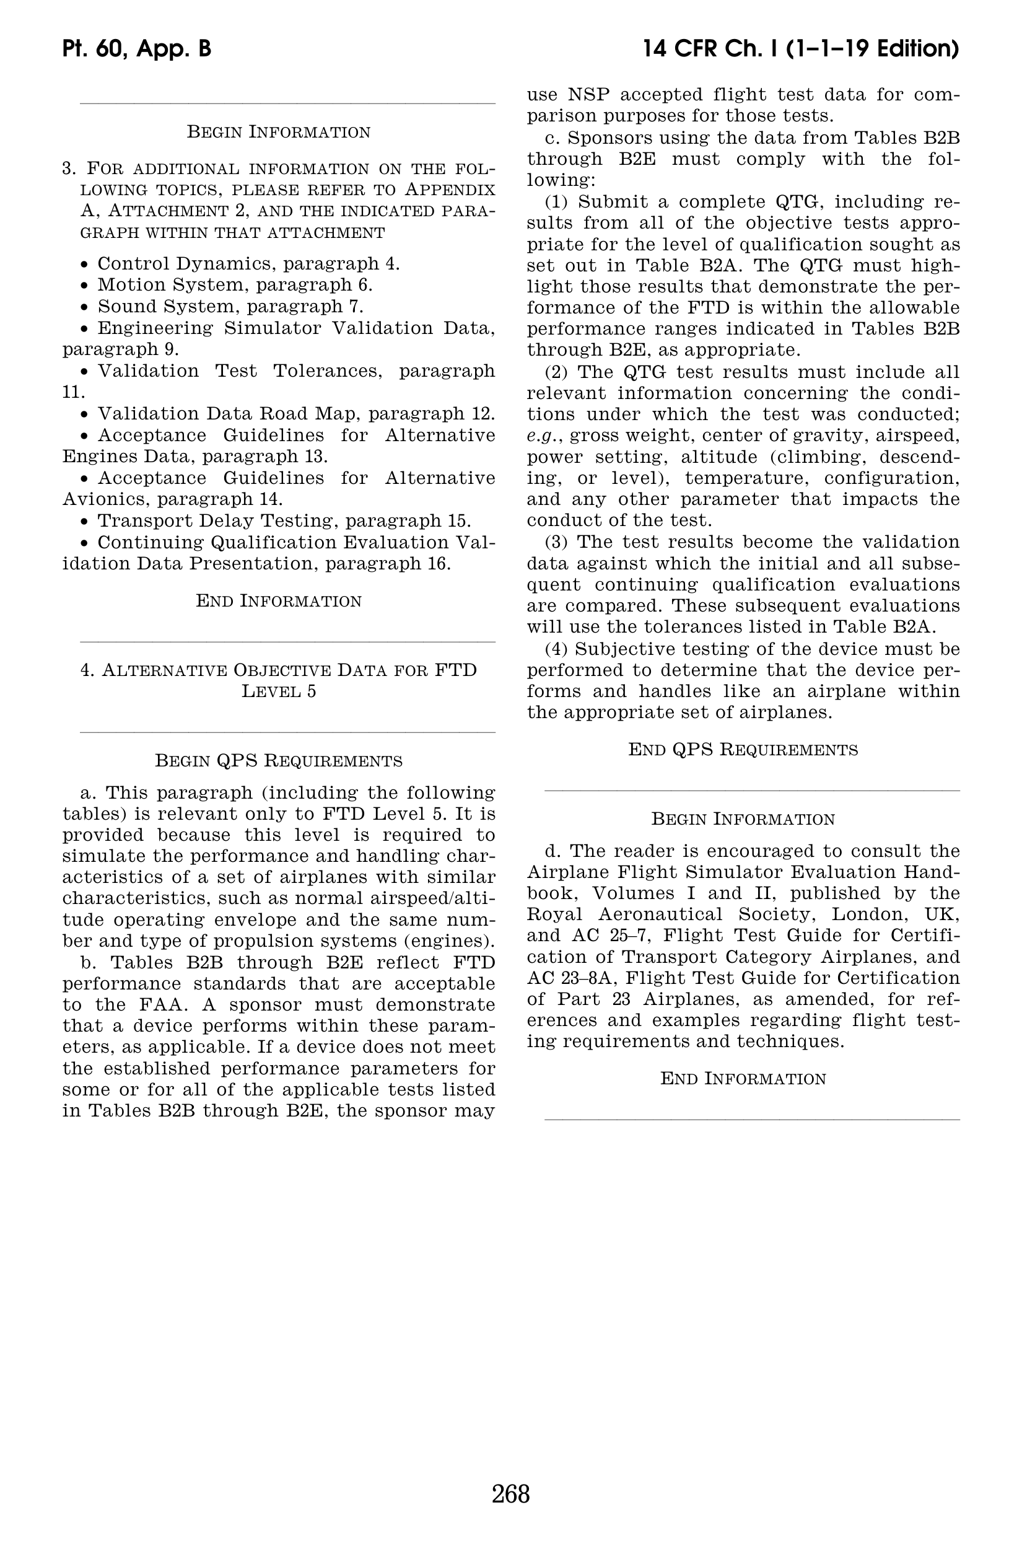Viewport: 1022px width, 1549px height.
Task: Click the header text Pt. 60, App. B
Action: [137, 49]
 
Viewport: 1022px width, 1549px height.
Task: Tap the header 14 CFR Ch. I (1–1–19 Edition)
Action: [800, 49]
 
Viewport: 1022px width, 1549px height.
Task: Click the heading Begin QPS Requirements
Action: [278, 761]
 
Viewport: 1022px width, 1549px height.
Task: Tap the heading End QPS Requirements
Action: [743, 750]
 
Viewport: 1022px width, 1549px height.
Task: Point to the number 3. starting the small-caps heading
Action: [70, 169]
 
